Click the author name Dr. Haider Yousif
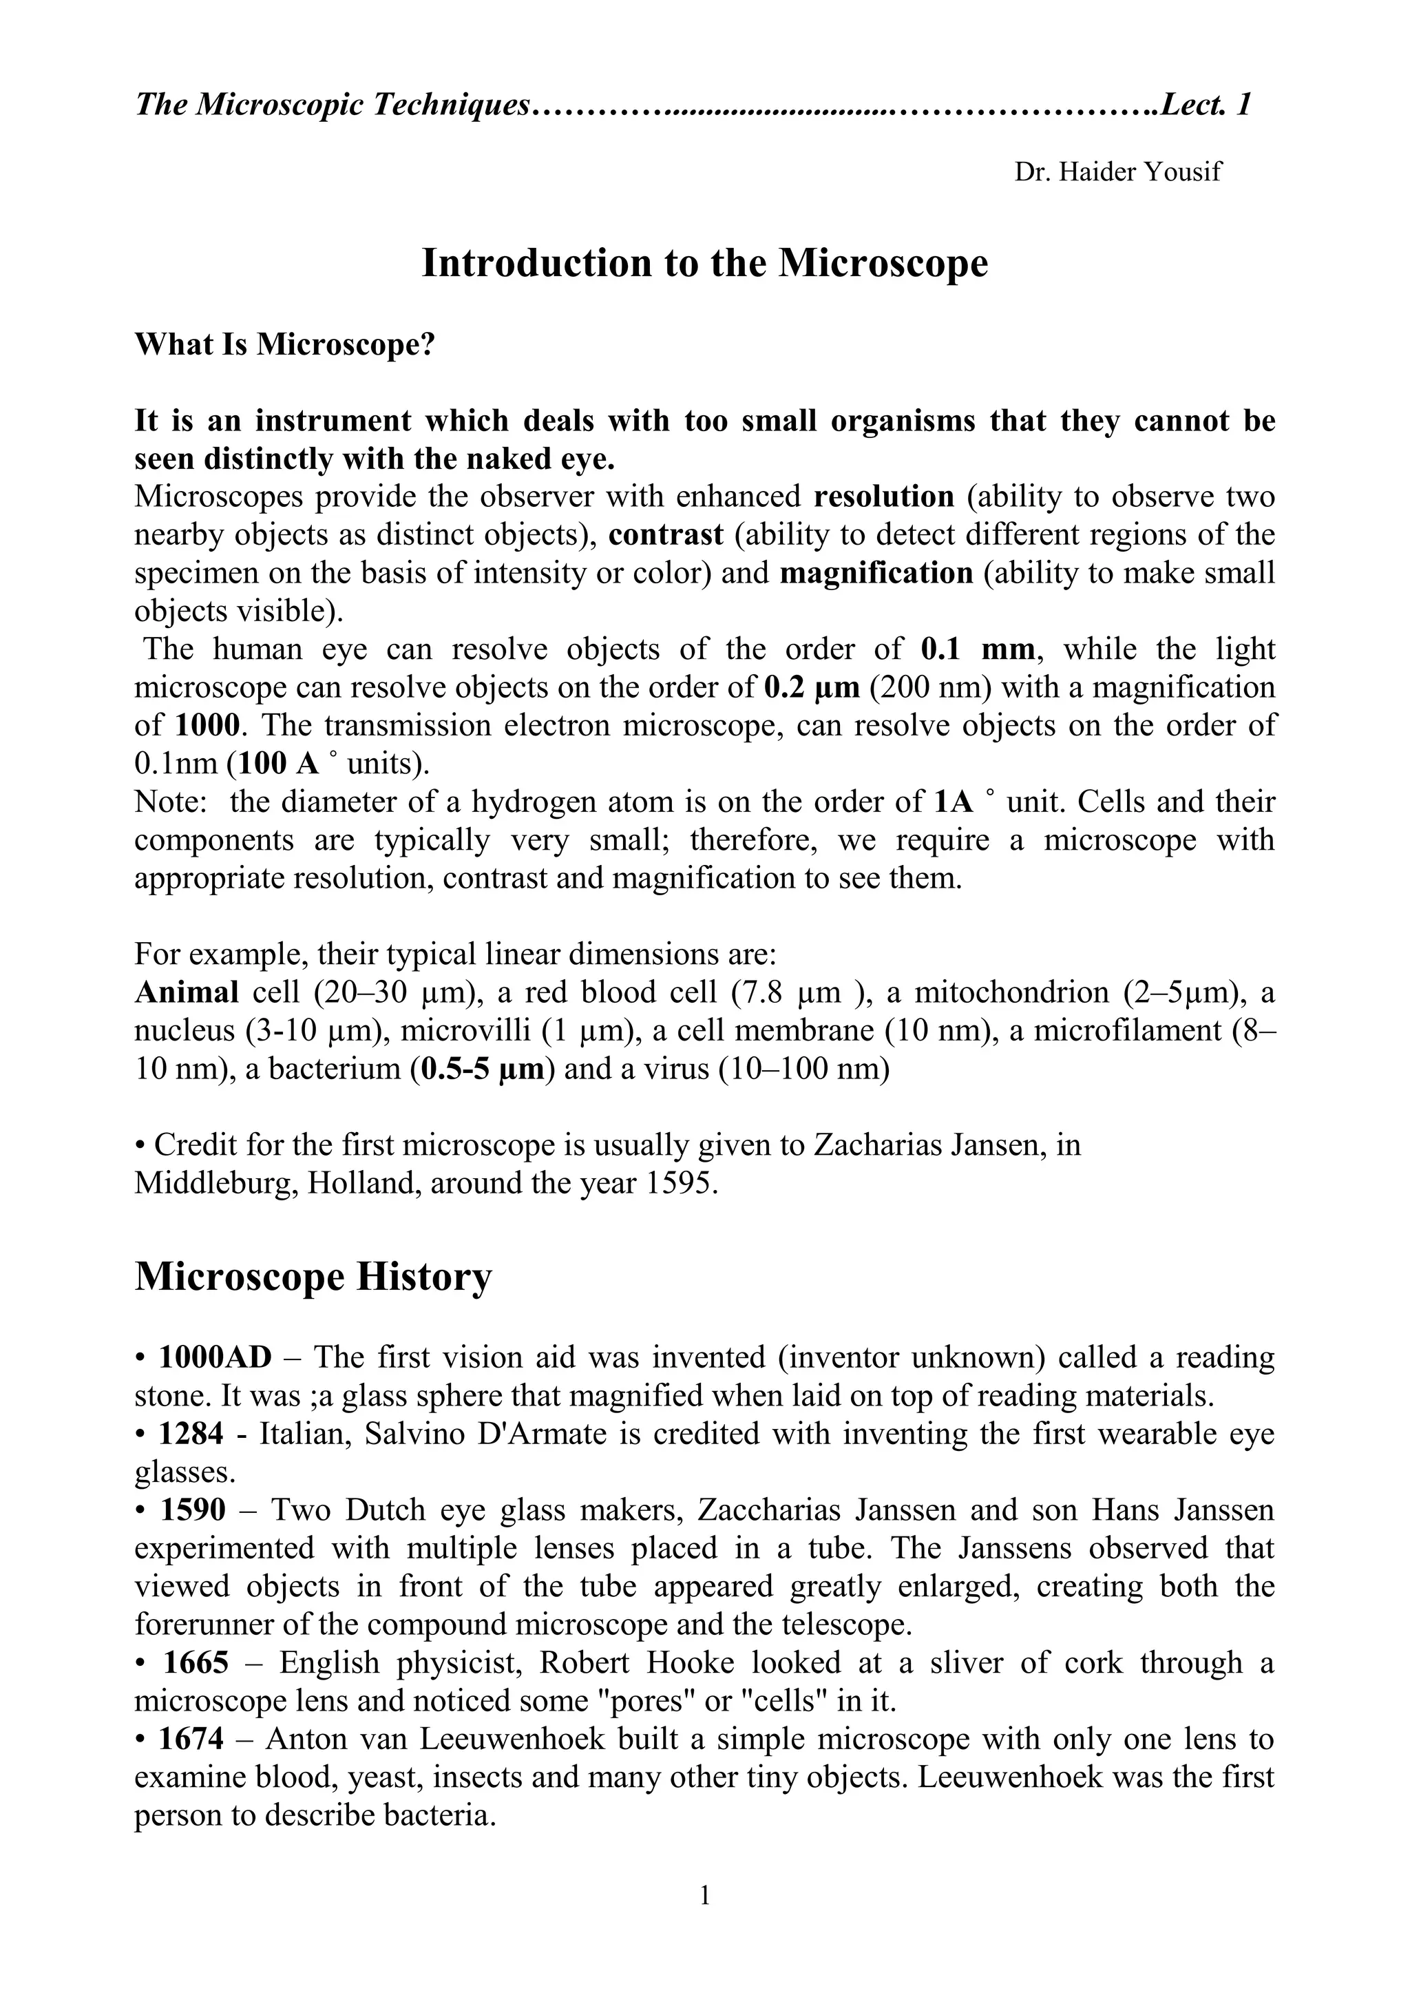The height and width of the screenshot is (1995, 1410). [1117, 172]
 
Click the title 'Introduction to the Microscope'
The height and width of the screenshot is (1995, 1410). [704, 263]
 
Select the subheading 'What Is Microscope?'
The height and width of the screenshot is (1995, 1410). [284, 345]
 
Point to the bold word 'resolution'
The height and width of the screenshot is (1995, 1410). [883, 497]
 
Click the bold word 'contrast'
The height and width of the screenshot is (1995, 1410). [666, 535]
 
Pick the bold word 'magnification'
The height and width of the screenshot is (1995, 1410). [876, 574]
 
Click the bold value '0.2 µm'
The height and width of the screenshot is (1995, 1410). [812, 688]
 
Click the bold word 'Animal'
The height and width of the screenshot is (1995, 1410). [187, 992]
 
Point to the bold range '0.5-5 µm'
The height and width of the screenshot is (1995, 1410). [481, 1069]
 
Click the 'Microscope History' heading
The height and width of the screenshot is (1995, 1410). [313, 1277]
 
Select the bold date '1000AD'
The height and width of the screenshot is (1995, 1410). [215, 1357]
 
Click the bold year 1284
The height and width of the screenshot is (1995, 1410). [191, 1434]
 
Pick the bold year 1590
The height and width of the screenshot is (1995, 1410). [193, 1510]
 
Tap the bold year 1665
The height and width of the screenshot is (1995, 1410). [196, 1663]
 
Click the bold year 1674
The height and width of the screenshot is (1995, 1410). [191, 1740]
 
